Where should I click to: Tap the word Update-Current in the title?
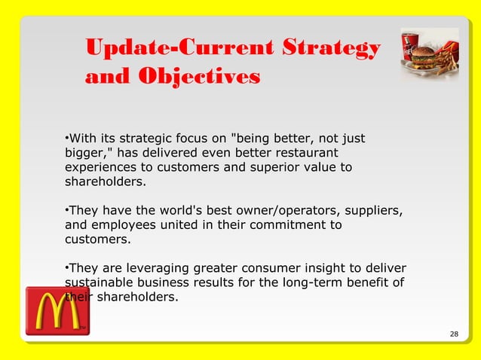pos(179,49)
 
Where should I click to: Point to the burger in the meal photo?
pos(428,57)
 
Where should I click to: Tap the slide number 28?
pos(453,334)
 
